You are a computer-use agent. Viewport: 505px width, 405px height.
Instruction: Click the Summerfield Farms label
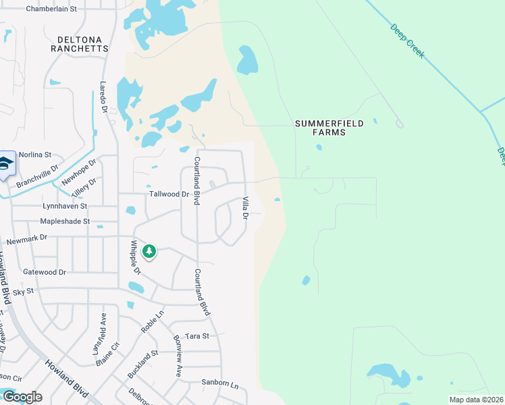tap(329, 128)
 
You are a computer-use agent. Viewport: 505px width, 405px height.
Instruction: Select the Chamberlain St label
tap(51, 9)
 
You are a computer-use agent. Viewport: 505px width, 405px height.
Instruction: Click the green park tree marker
tap(149, 252)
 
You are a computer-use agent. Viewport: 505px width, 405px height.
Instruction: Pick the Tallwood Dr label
tap(169, 194)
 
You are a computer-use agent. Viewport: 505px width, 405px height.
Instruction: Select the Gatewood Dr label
tap(45, 272)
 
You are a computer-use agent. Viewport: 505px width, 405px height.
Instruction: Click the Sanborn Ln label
tap(220, 383)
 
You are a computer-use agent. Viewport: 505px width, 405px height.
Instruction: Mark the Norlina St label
tap(35, 155)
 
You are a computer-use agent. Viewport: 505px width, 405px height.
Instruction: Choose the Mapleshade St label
tap(65, 221)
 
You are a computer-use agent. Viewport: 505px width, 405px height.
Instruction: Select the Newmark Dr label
tap(27, 238)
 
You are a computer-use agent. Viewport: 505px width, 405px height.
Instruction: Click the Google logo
tap(22, 397)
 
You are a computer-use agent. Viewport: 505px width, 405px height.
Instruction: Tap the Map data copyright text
tap(475, 400)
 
